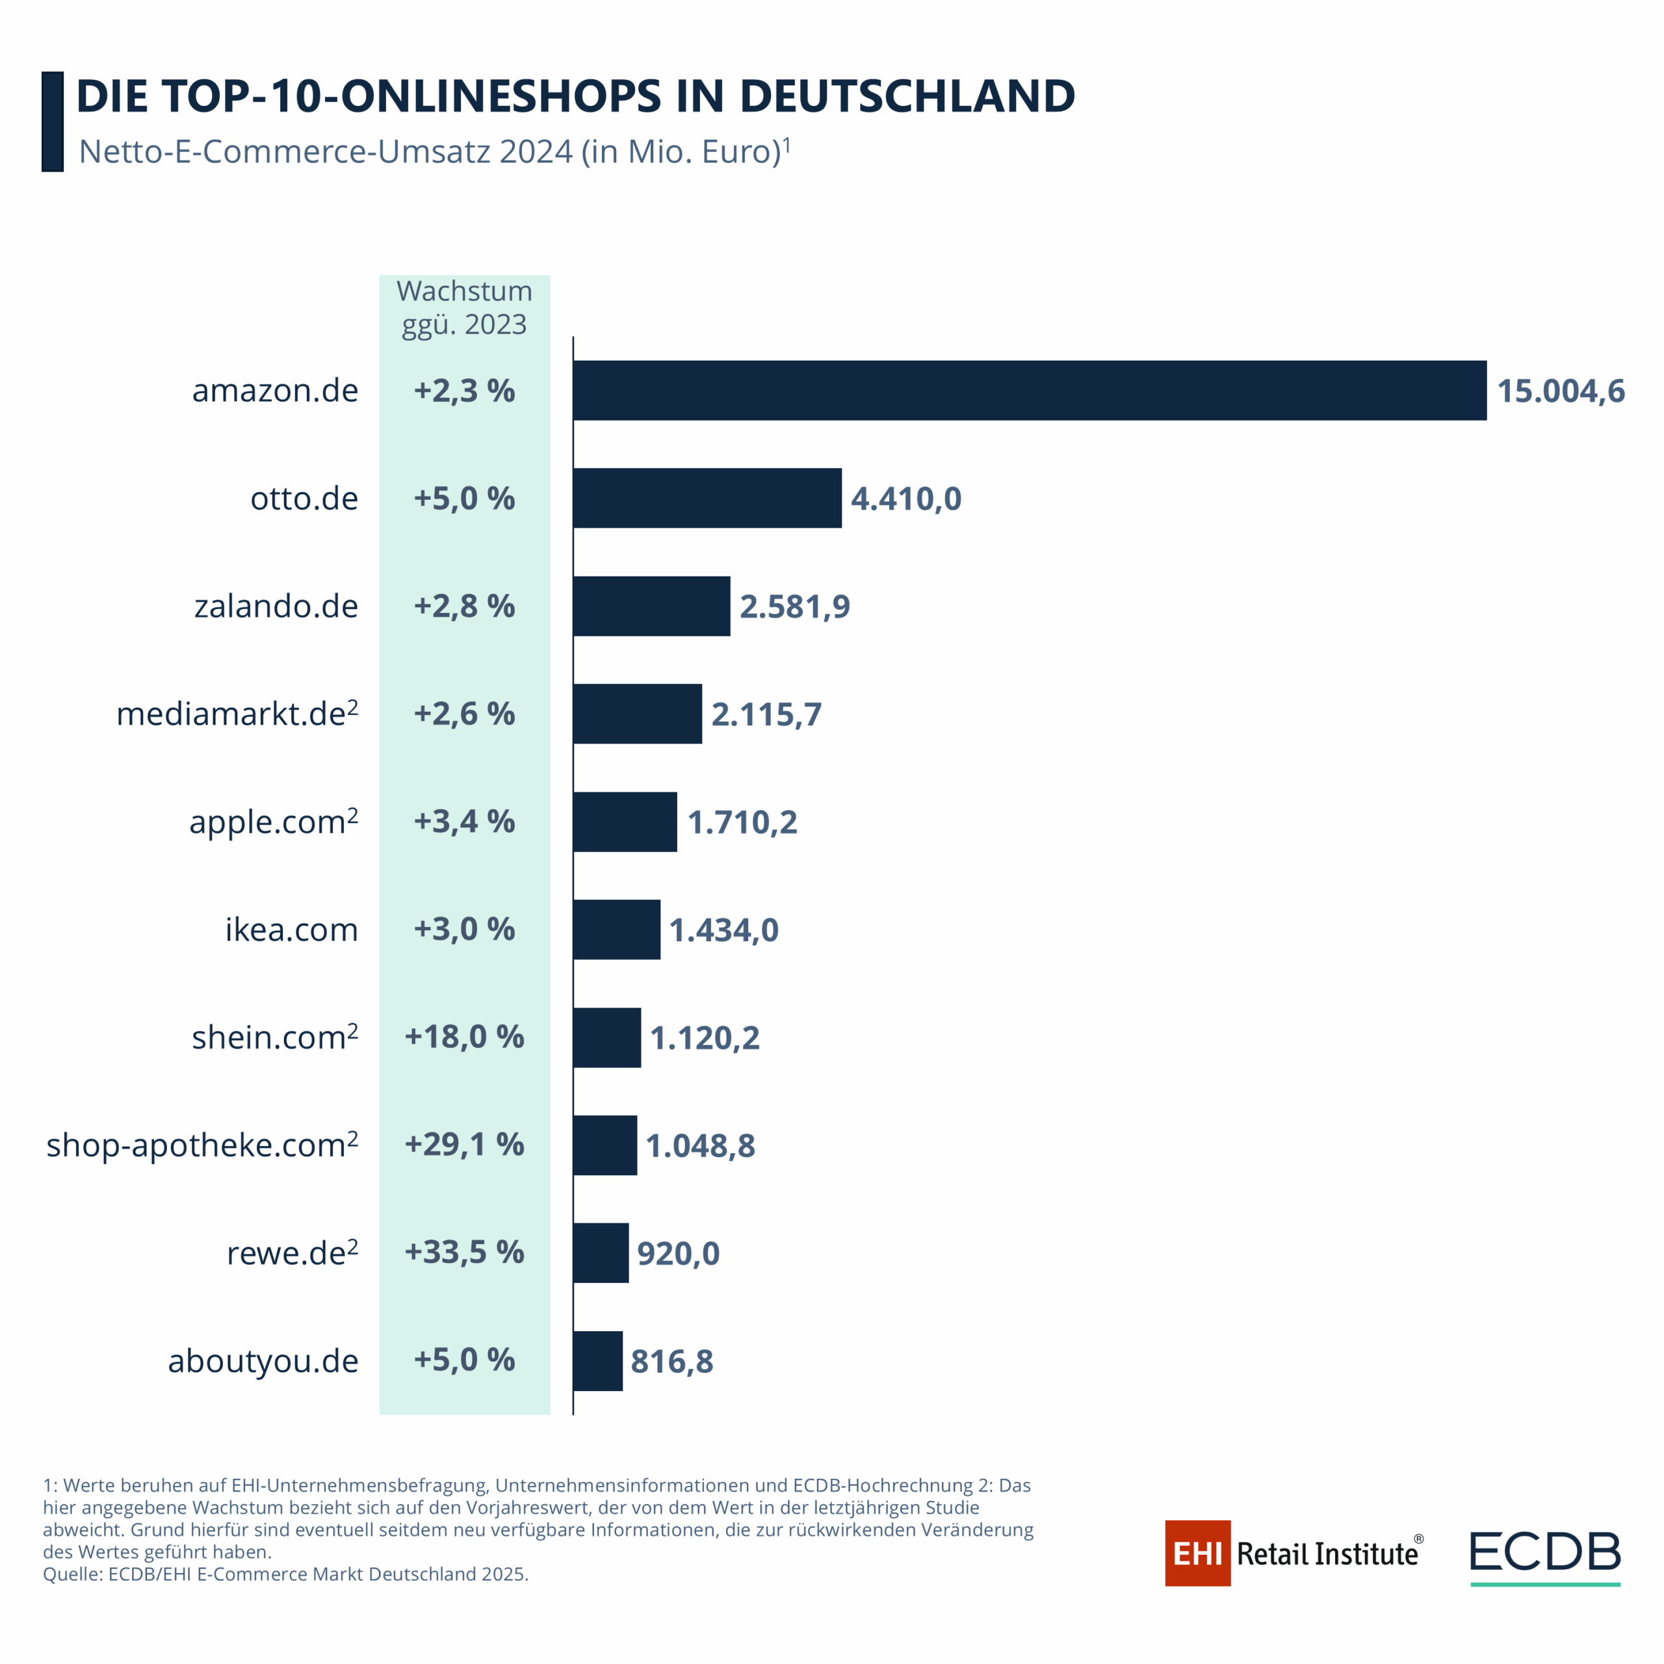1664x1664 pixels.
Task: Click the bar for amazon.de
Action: (1029, 390)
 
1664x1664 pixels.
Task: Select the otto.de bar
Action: (707, 498)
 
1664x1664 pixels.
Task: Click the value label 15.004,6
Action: (1560, 391)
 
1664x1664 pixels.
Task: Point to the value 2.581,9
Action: (794, 606)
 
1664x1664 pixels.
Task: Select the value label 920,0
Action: (678, 1253)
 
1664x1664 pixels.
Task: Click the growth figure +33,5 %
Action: (464, 1253)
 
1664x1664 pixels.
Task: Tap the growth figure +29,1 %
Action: (464, 1145)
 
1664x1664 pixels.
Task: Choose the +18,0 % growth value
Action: (464, 1037)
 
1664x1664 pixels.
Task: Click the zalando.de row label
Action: (276, 606)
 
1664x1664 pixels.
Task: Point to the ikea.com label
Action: (291, 929)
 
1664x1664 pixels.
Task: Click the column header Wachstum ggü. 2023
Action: (464, 307)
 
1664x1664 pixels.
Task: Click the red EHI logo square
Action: (1197, 1553)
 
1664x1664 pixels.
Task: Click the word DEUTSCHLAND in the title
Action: (907, 96)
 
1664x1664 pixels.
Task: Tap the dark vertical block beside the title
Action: (53, 122)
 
